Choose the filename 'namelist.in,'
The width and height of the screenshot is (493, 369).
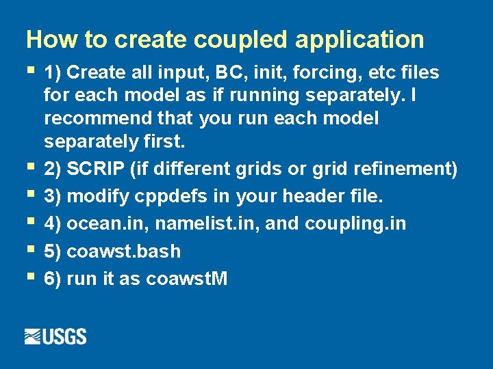tap(205, 223)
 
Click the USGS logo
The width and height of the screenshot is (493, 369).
tap(55, 337)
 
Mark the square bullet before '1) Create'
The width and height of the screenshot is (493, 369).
tap(29, 70)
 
